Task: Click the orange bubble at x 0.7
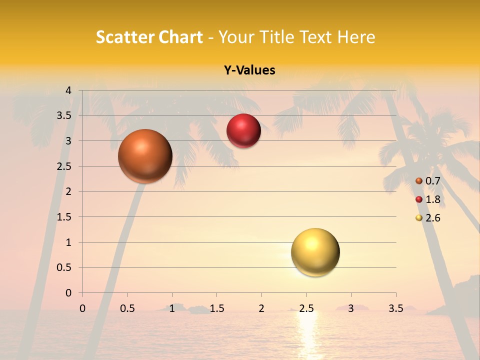coord(145,156)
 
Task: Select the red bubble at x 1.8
coord(243,131)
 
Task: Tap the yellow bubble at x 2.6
coord(315,252)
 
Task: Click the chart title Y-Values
coord(249,70)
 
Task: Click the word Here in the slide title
coord(356,37)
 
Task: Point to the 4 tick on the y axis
coord(68,90)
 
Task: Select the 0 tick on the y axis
coord(68,293)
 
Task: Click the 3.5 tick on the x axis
coord(395,309)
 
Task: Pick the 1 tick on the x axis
coord(172,309)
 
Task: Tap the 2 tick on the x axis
coord(261,309)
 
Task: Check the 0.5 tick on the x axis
coord(127,309)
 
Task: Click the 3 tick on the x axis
coord(351,309)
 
